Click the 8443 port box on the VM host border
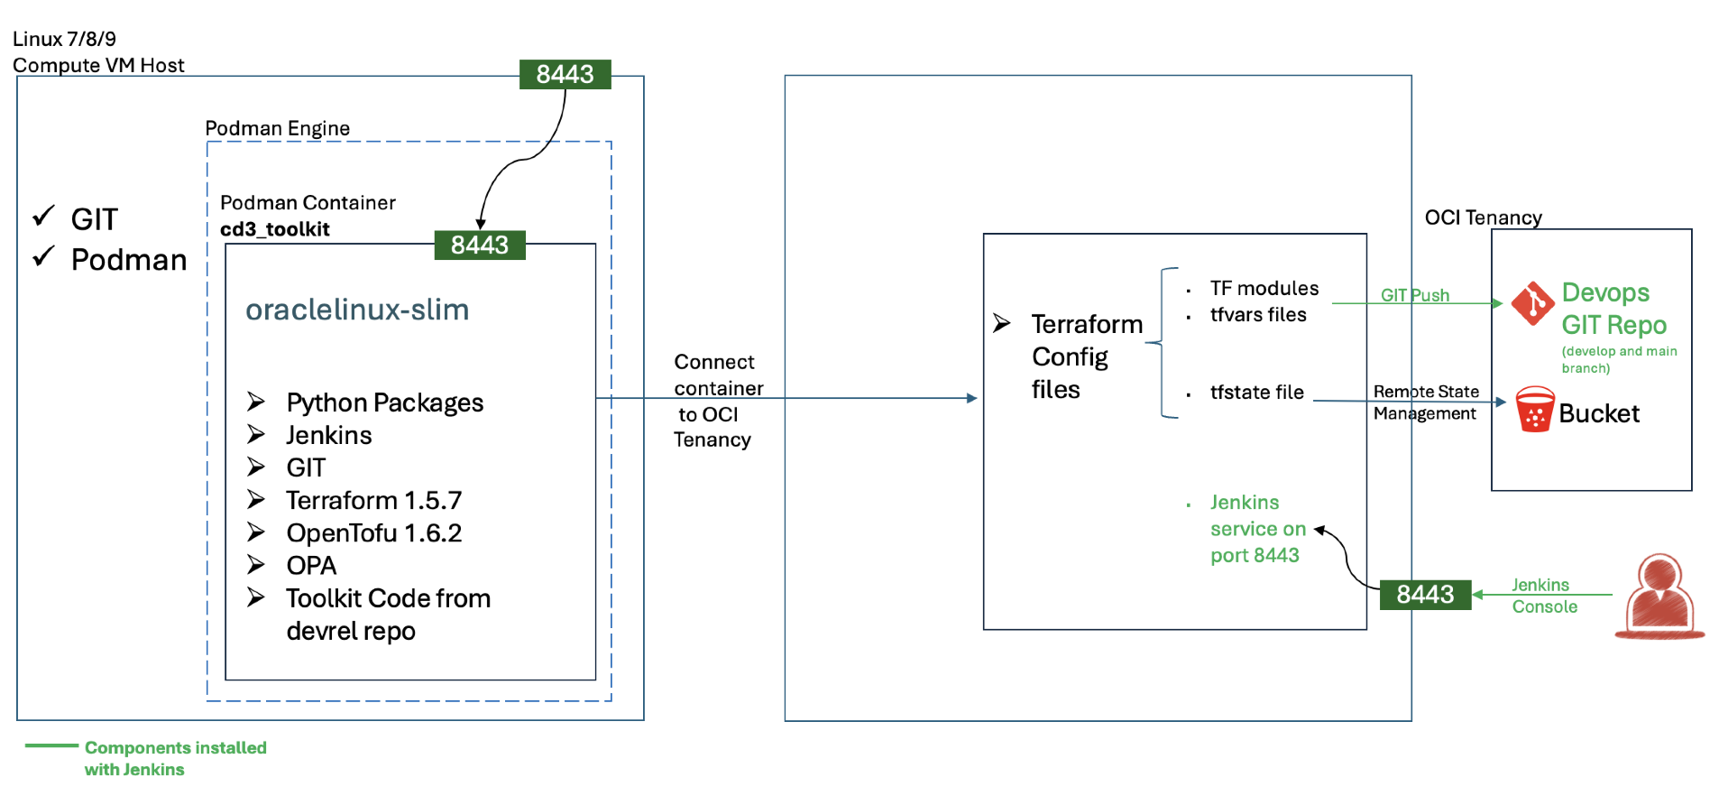[565, 74]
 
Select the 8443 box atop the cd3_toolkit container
[479, 245]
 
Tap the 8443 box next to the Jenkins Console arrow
[1425, 595]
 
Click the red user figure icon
[1659, 597]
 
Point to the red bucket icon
[1534, 410]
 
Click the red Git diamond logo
[1532, 303]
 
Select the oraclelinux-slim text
[357, 310]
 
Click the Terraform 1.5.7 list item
[373, 500]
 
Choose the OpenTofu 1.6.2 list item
[373, 533]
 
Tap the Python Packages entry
[384, 402]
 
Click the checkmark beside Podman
[44, 256]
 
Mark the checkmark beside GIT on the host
[44, 216]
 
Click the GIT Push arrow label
[1414, 295]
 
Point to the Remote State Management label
[1425, 402]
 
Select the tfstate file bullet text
[1256, 393]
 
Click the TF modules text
[1264, 289]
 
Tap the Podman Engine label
[277, 128]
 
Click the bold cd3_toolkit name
[275, 229]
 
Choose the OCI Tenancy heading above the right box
[1483, 217]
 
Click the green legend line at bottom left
[51, 745]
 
